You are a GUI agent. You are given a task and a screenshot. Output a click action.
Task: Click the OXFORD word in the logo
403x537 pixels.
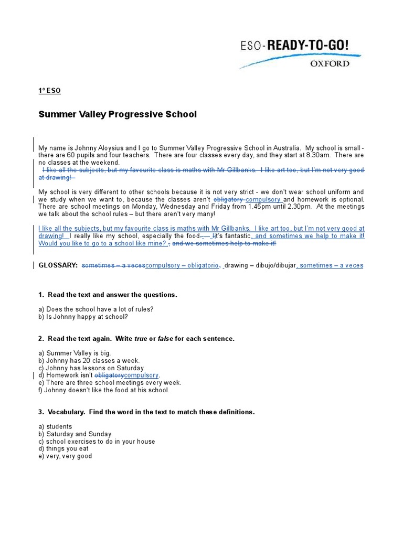pos(330,63)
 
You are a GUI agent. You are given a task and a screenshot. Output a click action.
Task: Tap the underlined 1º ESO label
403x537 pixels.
pos(50,91)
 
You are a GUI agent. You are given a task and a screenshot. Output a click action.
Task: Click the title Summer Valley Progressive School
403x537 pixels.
pos(118,114)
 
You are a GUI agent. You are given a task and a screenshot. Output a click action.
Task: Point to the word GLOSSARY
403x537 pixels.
pos(58,265)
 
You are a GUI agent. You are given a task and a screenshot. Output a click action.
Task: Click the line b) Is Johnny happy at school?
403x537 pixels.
pos(83,316)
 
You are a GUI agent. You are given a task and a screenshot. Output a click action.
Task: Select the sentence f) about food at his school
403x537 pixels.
pos(104,390)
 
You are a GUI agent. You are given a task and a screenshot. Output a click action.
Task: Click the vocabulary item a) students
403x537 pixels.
pos(56,427)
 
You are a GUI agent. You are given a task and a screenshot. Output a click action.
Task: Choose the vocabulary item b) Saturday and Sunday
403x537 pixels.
pos(75,434)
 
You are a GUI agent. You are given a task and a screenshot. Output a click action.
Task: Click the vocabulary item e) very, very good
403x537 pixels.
pos(65,456)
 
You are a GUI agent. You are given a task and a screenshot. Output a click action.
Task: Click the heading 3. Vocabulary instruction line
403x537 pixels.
pos(146,412)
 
